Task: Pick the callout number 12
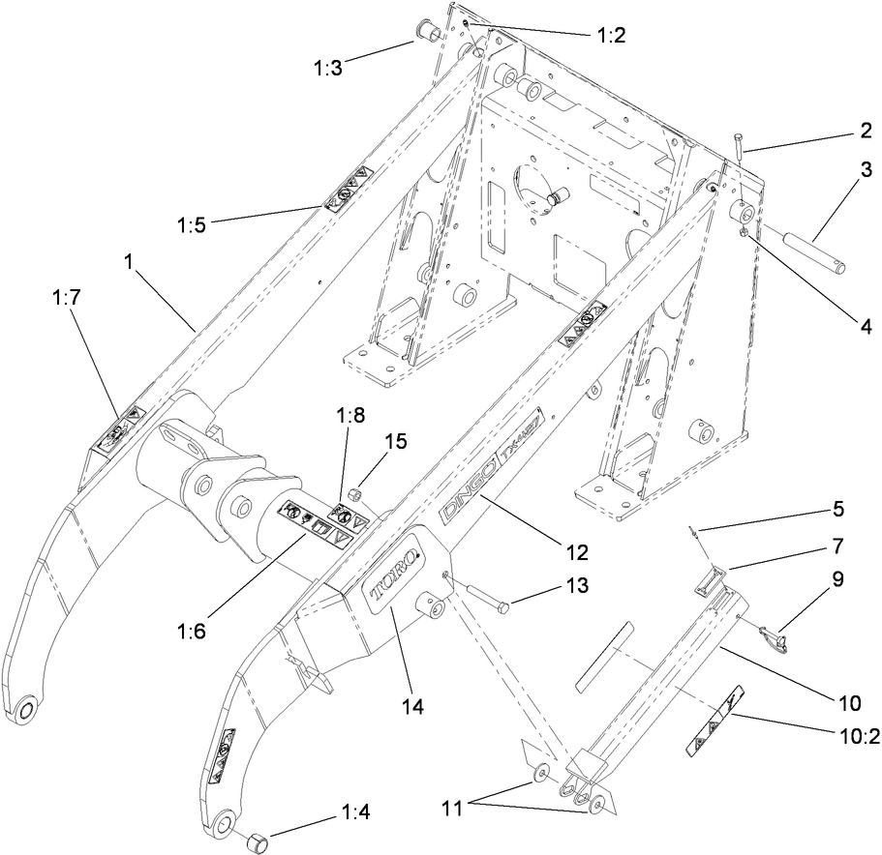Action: [576, 552]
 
